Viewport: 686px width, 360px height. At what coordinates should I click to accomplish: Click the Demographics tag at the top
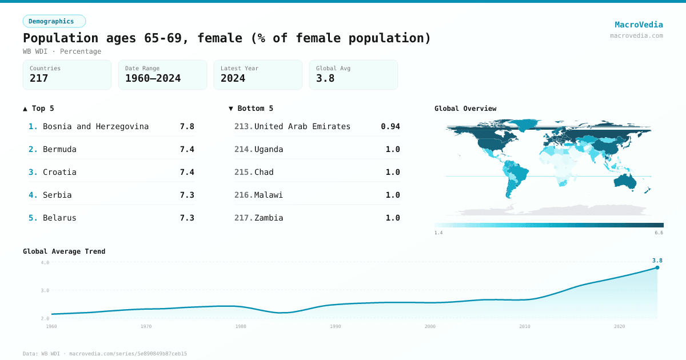tap(54, 21)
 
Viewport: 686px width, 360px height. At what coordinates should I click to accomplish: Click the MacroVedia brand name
tap(639, 25)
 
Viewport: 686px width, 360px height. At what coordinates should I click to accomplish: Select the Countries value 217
tap(39, 78)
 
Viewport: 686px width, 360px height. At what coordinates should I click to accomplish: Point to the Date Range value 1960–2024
tap(153, 78)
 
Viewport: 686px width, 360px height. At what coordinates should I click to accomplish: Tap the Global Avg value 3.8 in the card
tap(325, 78)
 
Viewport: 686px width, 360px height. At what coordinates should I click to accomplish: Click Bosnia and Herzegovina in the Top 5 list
tap(95, 126)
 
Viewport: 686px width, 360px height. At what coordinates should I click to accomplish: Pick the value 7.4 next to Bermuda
tap(187, 149)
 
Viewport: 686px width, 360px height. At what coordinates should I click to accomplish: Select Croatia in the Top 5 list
tap(59, 172)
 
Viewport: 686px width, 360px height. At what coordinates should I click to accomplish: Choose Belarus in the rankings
tap(59, 218)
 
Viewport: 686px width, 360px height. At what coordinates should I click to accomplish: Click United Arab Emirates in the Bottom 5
tap(302, 126)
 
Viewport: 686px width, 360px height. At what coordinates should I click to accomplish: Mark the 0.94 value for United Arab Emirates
tap(390, 126)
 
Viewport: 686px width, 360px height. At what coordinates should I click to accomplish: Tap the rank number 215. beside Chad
tap(244, 172)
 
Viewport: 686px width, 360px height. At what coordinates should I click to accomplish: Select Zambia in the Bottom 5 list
tap(269, 218)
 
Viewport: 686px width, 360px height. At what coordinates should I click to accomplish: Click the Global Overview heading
tap(465, 109)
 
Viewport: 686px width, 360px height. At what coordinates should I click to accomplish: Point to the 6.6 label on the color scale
tap(659, 233)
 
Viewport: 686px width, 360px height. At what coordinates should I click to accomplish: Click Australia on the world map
tap(629, 181)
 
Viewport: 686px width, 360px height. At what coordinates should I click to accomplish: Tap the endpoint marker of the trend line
tap(657, 267)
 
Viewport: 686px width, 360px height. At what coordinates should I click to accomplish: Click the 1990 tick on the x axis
tap(336, 326)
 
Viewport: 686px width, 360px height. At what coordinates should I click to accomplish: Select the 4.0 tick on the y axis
tap(45, 262)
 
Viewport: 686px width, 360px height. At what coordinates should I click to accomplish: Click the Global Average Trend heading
tap(64, 251)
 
